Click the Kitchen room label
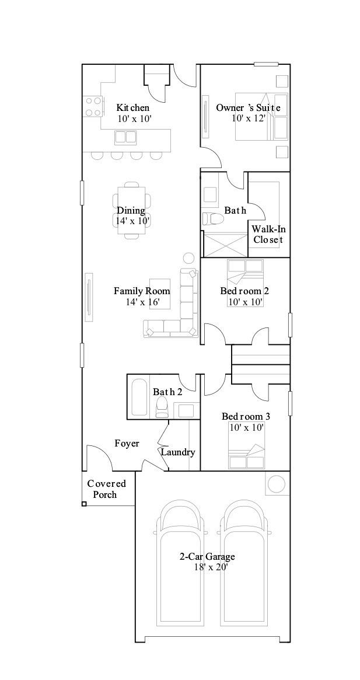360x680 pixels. (x=132, y=108)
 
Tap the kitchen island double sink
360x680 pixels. (x=125, y=137)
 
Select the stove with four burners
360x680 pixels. (x=93, y=107)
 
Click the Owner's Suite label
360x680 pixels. (x=248, y=108)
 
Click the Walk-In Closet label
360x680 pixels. (x=268, y=234)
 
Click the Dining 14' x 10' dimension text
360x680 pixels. (x=132, y=221)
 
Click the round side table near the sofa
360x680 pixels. (x=189, y=258)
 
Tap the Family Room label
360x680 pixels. (x=142, y=291)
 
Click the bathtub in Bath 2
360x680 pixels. (x=139, y=398)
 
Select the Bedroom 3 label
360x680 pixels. (x=246, y=416)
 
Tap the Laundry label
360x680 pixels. (x=177, y=452)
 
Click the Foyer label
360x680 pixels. (x=127, y=444)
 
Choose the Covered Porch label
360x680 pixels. (x=106, y=489)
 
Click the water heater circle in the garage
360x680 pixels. (x=276, y=484)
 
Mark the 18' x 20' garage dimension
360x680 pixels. (x=207, y=567)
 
